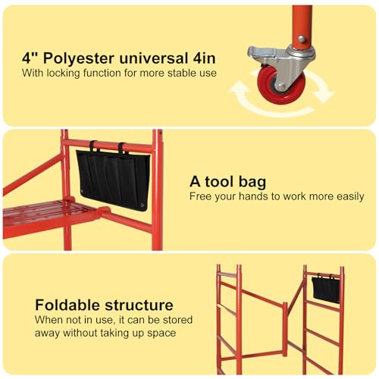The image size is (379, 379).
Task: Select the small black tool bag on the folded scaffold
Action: (326, 289)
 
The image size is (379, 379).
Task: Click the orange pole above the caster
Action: (301, 23)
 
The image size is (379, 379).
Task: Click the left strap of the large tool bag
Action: (92, 146)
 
